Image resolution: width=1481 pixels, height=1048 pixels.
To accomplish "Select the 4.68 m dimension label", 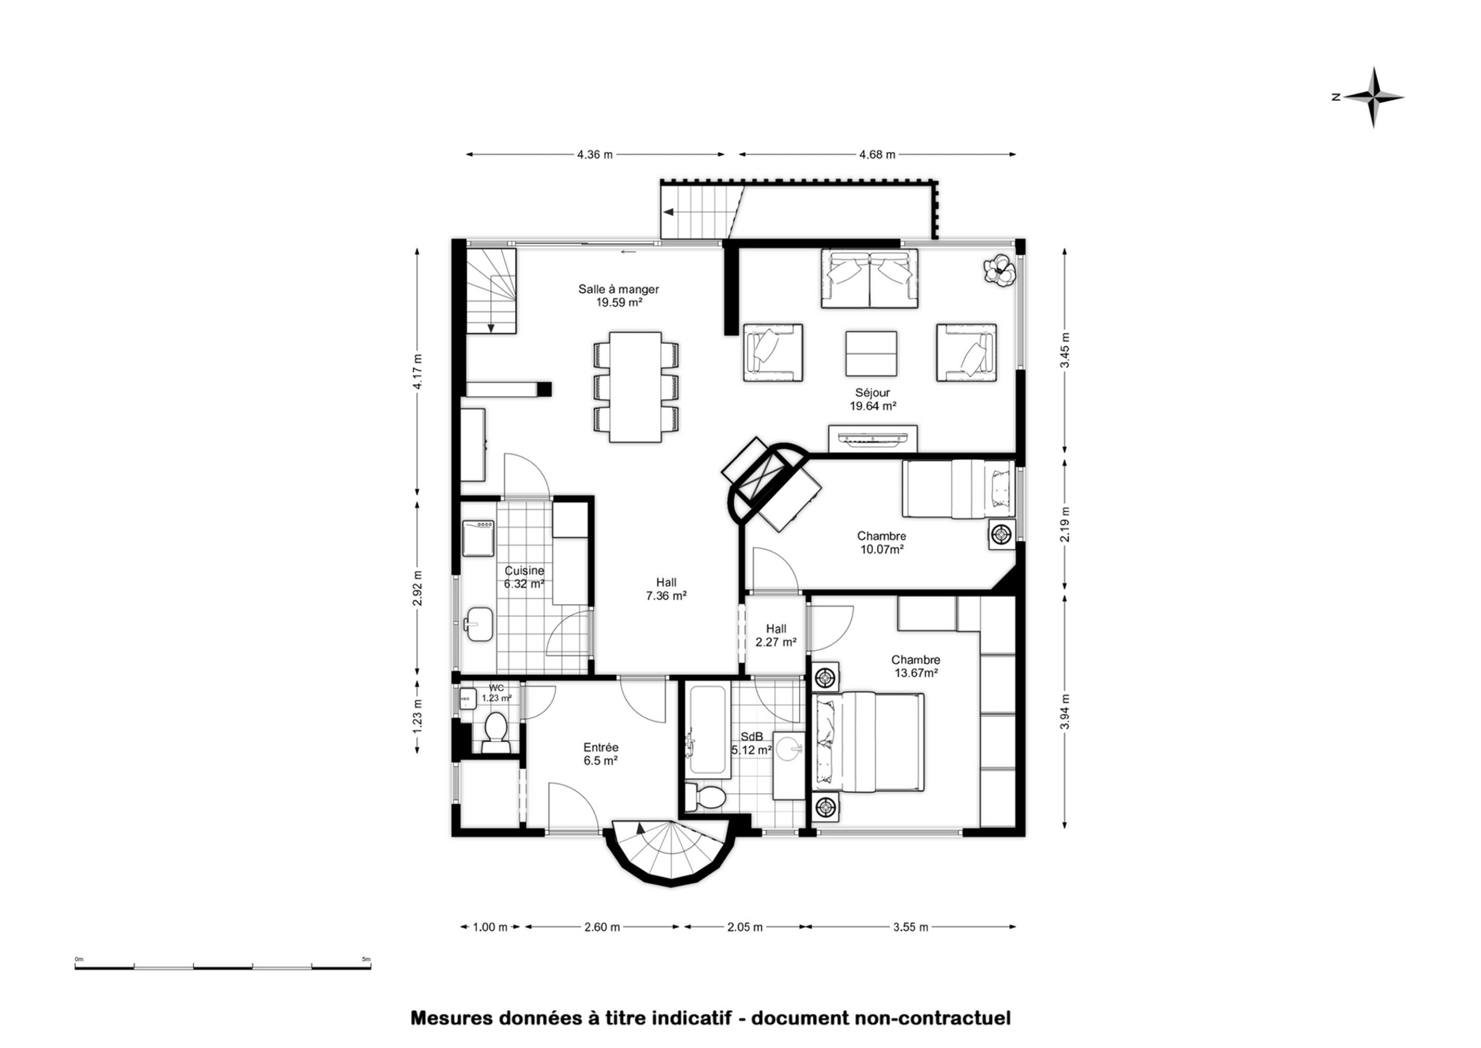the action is pos(877,155).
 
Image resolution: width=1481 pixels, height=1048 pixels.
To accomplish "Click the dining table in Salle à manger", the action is pos(636,387).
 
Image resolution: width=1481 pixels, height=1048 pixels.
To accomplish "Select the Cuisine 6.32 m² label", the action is pos(524,577).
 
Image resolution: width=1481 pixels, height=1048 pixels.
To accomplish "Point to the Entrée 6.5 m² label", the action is pos(601,754).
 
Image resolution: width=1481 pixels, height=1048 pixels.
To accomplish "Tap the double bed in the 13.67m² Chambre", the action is pos(869,741).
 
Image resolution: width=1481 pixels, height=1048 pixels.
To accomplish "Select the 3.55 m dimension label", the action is pos(911,927).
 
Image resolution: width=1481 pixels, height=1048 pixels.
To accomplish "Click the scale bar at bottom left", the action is pos(223,966).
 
